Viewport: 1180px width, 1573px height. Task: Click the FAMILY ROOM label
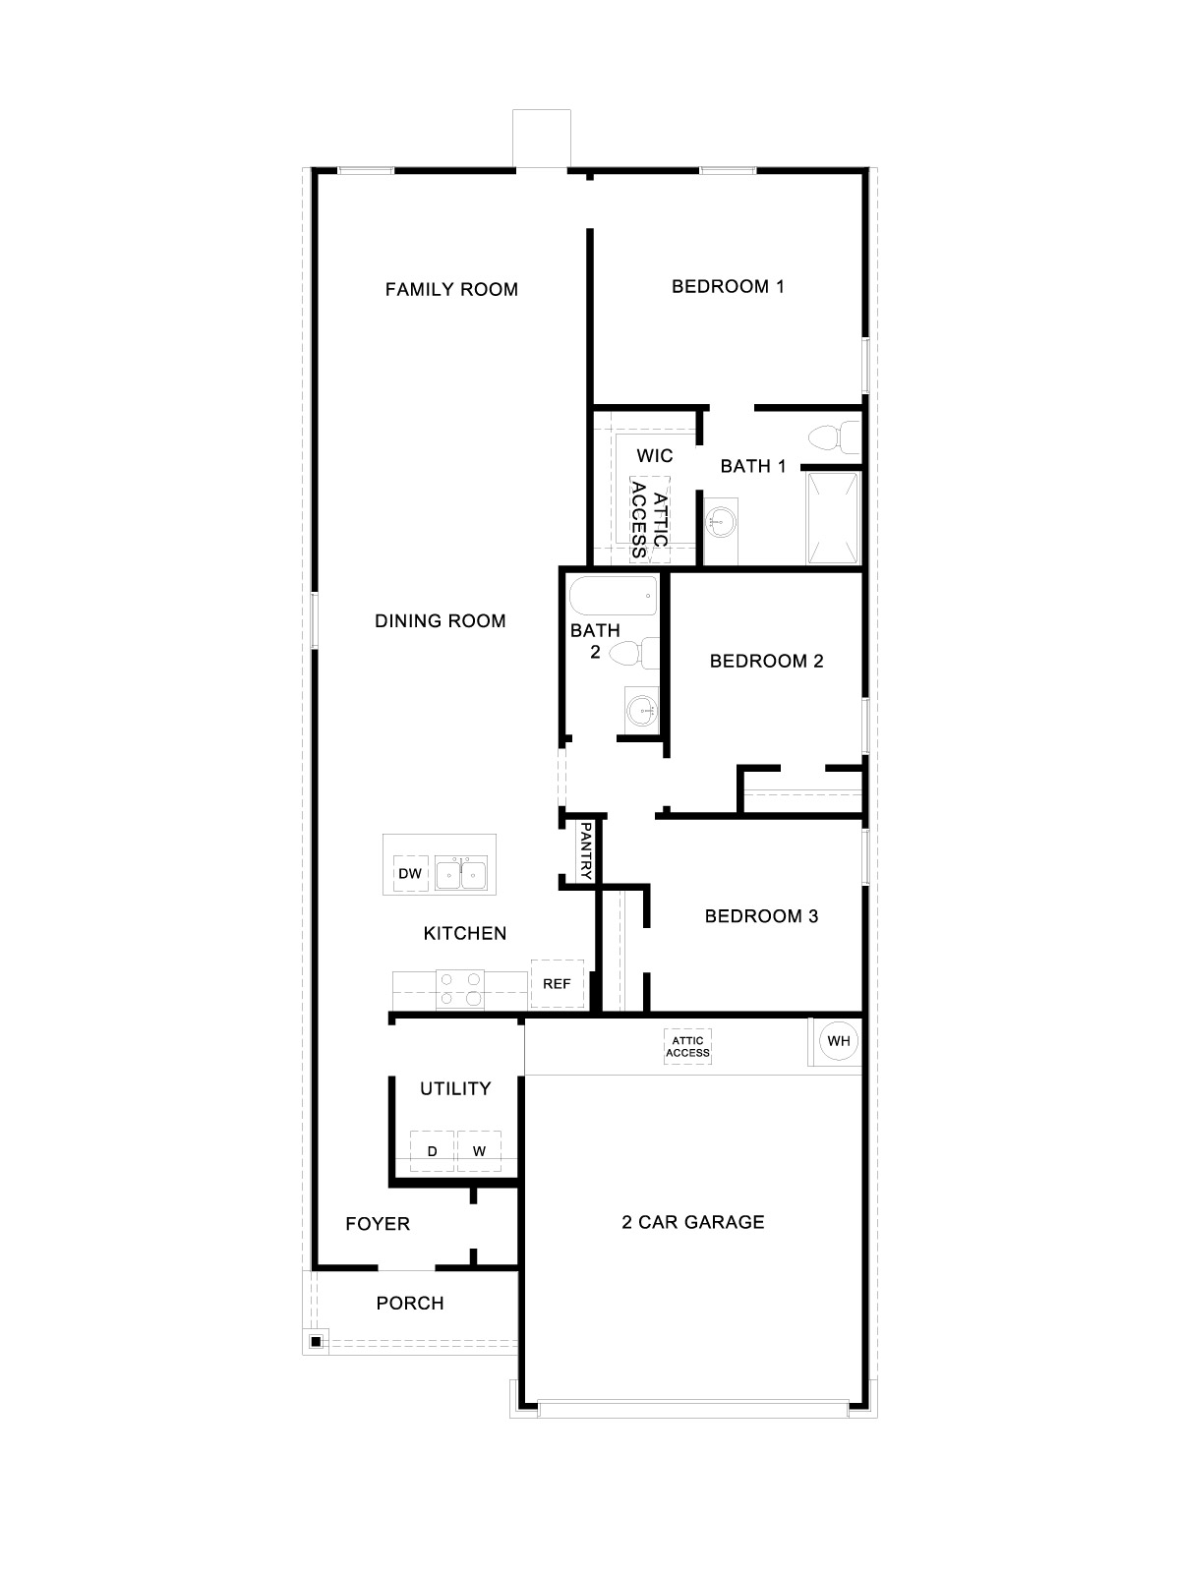point(451,289)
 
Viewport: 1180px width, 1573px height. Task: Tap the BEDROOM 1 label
point(728,286)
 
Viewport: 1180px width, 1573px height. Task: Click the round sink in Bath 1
point(721,520)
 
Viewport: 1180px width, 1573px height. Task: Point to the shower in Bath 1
point(833,518)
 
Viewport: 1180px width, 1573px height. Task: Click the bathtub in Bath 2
point(613,595)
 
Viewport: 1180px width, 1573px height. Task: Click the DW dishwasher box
point(410,873)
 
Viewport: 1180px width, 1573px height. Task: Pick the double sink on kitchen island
point(461,872)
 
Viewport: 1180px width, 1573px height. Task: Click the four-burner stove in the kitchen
point(461,988)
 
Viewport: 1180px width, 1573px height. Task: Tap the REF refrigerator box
point(557,983)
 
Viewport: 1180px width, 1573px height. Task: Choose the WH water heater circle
point(838,1041)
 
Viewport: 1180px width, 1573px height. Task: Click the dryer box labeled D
point(432,1151)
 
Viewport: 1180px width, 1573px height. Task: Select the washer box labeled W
point(479,1151)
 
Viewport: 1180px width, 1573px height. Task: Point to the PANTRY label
point(585,851)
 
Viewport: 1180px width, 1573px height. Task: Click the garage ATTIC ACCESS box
point(687,1046)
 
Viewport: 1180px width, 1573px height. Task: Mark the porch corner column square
point(316,1341)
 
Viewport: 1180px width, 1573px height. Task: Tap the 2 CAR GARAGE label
point(692,1222)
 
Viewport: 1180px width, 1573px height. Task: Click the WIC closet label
point(655,455)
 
